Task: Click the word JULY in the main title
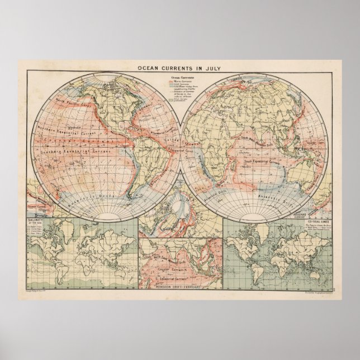click(x=210, y=68)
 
